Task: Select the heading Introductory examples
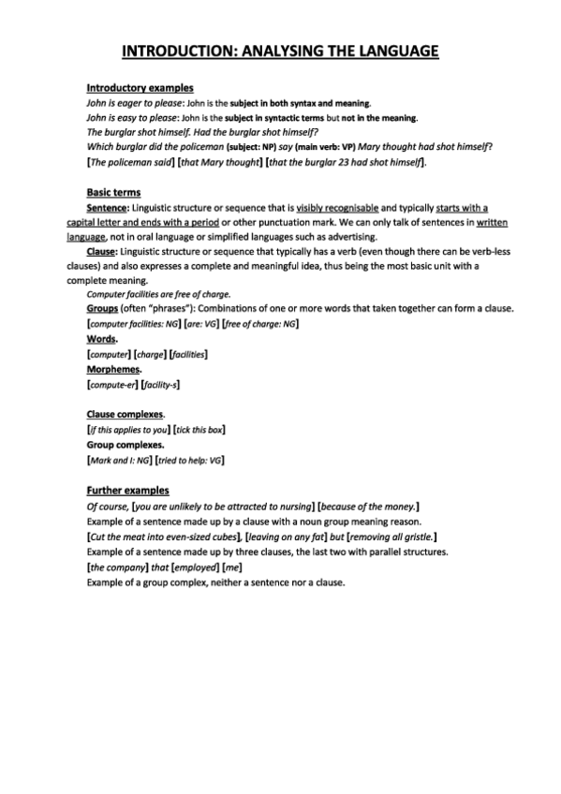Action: [x=140, y=87]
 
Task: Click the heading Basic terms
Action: [x=113, y=191]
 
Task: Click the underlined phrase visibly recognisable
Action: [x=338, y=207]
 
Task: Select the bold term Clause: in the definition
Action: [x=102, y=252]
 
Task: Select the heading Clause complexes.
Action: [x=125, y=414]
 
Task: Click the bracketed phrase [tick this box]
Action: [x=199, y=429]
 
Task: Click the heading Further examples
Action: [x=127, y=490]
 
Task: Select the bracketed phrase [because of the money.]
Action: [x=368, y=506]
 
